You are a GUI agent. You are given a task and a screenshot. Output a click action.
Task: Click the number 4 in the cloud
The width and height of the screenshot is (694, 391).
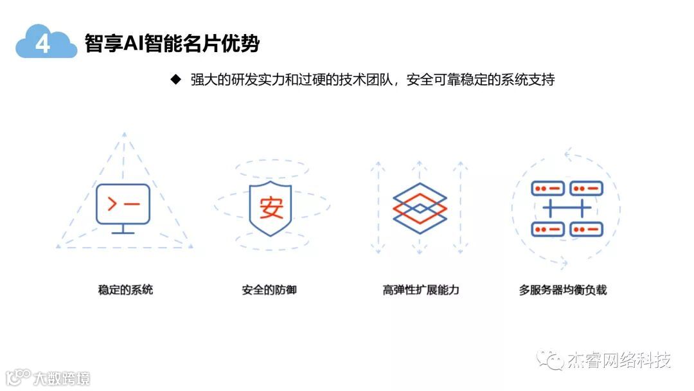tap(43, 44)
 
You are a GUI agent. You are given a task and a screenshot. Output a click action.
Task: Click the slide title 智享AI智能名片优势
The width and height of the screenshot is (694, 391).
tap(172, 43)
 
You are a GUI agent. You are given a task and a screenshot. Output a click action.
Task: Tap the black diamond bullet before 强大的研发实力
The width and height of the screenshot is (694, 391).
tap(175, 80)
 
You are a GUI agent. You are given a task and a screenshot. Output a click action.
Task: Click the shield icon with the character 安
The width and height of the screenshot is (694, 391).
tap(271, 208)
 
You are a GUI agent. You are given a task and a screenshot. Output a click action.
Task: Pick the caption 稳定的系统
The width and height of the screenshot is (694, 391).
tap(125, 289)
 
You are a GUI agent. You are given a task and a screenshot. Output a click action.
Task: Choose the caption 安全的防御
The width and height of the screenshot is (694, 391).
tap(269, 289)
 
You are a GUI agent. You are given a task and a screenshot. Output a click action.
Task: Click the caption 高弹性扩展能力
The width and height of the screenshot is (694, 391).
tap(420, 289)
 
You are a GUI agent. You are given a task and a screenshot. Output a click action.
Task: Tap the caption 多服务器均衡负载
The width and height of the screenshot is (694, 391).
tap(563, 289)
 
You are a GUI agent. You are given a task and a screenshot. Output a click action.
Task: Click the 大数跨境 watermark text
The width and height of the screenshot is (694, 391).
tap(62, 377)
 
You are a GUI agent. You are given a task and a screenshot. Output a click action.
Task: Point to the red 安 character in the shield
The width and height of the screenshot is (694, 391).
tap(271, 207)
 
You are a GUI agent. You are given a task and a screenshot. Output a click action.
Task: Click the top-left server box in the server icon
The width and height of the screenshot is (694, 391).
tap(547, 188)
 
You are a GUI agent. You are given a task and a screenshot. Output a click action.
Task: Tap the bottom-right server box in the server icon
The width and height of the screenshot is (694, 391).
tap(587, 228)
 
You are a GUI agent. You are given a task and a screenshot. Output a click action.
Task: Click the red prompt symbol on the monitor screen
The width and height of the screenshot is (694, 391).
tap(112, 204)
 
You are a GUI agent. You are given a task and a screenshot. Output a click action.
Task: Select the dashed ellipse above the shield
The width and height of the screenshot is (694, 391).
tap(271, 169)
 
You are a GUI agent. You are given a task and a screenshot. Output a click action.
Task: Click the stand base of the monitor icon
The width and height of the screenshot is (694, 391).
tap(123, 232)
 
